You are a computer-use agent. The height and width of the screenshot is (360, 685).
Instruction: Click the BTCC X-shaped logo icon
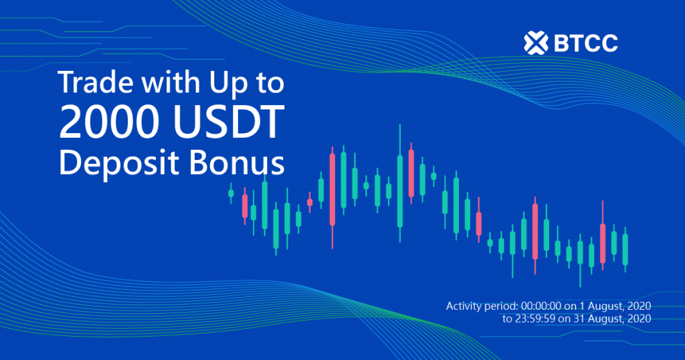tap(536, 43)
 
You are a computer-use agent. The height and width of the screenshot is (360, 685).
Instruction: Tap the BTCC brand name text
tap(586, 43)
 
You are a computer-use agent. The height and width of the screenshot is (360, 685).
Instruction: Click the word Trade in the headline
tap(95, 82)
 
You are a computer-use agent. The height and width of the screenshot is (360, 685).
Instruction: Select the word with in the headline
tap(171, 82)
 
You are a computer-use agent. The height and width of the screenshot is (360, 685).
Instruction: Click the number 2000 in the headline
tap(109, 122)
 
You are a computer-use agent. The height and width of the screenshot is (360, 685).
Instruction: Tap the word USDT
tap(229, 122)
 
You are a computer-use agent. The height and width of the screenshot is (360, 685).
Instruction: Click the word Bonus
tap(237, 163)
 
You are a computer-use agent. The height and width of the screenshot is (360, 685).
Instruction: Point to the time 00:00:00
tap(541, 306)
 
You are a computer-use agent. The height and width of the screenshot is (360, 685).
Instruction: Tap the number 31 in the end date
tap(579, 319)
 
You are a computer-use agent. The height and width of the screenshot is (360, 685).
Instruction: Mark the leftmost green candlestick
tap(231, 193)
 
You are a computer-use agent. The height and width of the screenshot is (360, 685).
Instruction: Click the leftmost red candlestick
tap(245, 206)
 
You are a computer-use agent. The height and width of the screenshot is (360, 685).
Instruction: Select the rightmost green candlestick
tap(625, 250)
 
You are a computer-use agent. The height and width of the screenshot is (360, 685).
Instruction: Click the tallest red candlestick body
tap(332, 189)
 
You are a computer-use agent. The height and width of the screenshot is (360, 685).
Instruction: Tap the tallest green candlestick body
tap(400, 191)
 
